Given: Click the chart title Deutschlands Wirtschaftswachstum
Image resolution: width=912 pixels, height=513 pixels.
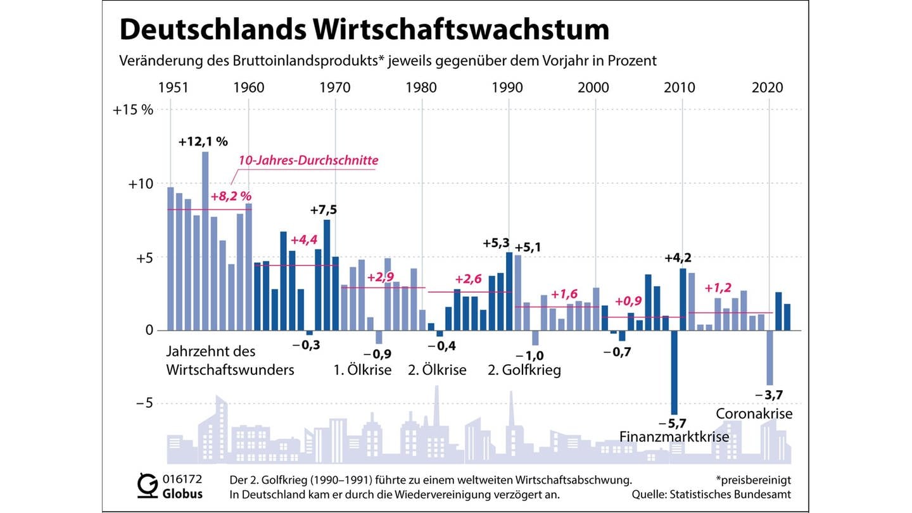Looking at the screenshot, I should pyautogui.click(x=364, y=30).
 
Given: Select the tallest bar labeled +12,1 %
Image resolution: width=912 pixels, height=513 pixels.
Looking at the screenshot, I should pyautogui.click(x=205, y=241).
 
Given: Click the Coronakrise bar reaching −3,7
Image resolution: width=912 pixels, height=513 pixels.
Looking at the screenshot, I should pyautogui.click(x=769, y=358).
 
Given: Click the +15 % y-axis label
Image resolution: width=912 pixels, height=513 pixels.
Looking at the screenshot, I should pyautogui.click(x=133, y=110).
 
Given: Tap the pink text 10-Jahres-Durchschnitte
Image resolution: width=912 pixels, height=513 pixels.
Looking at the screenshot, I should pyautogui.click(x=308, y=160).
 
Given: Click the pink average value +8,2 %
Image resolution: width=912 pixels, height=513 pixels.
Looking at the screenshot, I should pyautogui.click(x=231, y=196).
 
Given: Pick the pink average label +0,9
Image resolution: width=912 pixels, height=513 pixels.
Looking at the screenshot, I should pyautogui.click(x=628, y=301).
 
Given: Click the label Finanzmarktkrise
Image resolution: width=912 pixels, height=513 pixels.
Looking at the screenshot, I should pyautogui.click(x=674, y=437).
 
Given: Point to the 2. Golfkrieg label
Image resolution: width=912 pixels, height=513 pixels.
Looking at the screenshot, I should pyautogui.click(x=524, y=370).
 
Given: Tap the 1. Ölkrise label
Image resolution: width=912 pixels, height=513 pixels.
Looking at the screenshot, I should pyautogui.click(x=362, y=370).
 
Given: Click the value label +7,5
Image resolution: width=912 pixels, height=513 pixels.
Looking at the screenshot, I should pyautogui.click(x=323, y=210).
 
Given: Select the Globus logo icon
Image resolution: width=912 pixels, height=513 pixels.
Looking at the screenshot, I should pyautogui.click(x=148, y=485).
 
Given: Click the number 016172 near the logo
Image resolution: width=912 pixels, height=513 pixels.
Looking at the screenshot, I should pyautogui.click(x=182, y=479).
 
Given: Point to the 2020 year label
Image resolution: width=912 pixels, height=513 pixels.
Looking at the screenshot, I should pyautogui.click(x=768, y=88).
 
